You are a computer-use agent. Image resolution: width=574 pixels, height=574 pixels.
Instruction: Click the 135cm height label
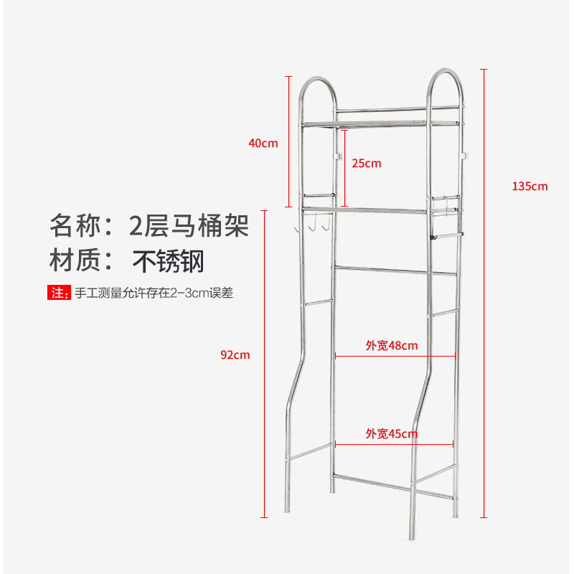point(530,186)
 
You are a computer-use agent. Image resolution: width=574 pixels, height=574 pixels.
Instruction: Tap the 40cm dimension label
point(263,143)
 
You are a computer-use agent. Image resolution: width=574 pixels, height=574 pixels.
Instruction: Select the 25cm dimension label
point(366,163)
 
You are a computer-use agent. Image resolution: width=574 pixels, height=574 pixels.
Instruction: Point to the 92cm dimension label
point(235,354)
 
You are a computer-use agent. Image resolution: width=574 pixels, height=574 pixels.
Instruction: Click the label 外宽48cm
point(391,345)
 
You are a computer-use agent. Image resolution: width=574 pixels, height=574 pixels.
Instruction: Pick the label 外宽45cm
point(391,433)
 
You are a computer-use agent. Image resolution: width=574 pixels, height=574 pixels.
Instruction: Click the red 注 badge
point(58,293)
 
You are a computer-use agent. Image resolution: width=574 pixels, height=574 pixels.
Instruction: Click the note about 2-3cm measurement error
point(154,293)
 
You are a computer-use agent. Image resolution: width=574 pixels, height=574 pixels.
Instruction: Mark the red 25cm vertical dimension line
point(345,168)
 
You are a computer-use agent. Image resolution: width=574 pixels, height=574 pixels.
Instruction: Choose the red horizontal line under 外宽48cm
point(395,356)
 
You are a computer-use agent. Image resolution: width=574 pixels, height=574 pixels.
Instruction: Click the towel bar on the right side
point(446,235)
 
